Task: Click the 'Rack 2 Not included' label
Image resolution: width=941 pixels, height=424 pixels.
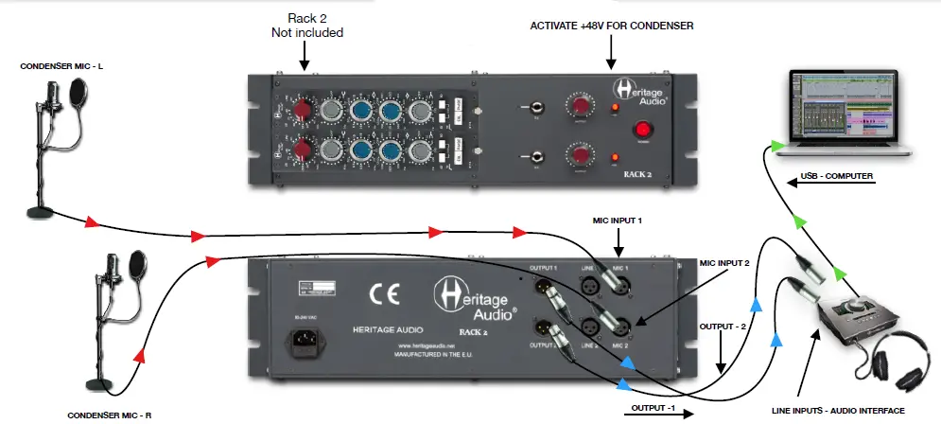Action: [x=304, y=25]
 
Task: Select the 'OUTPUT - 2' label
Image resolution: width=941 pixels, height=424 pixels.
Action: [x=723, y=325]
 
